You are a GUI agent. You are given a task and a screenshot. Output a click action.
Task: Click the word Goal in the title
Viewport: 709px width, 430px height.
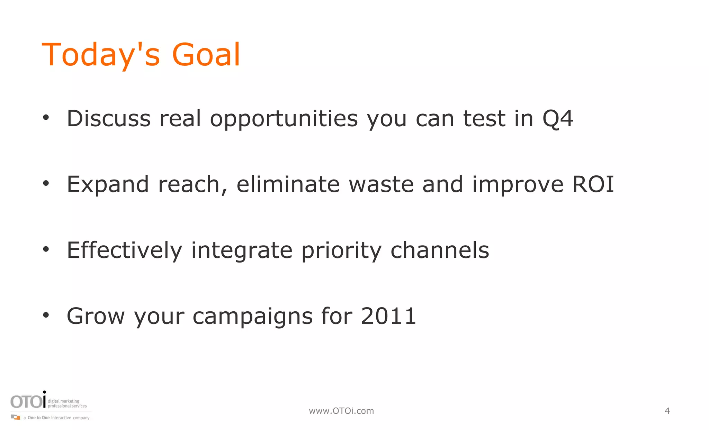pos(206,55)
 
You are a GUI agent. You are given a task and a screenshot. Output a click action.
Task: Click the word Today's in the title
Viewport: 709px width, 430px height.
pos(101,55)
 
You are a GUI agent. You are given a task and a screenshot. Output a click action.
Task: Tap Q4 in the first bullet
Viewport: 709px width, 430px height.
pos(558,119)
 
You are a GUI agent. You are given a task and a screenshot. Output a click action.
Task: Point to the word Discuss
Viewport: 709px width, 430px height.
pos(109,119)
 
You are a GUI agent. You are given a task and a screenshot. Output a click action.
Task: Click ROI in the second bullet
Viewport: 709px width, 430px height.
pos(593,184)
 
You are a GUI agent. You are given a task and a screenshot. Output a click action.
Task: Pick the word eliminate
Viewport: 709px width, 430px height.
pos(288,184)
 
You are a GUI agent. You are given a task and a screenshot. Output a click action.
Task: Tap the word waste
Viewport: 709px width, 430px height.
pos(381,184)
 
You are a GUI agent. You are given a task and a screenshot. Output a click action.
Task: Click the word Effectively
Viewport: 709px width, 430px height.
pos(124,250)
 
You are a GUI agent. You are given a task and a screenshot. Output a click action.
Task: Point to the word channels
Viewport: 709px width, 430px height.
pos(440,250)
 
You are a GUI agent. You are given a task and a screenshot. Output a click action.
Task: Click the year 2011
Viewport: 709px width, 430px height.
pos(388,316)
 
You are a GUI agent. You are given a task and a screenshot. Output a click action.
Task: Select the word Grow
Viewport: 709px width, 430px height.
pos(96,316)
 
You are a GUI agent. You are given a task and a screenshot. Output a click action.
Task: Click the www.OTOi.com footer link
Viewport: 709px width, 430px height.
pos(341,411)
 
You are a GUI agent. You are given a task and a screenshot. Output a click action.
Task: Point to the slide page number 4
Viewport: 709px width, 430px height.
pos(667,411)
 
